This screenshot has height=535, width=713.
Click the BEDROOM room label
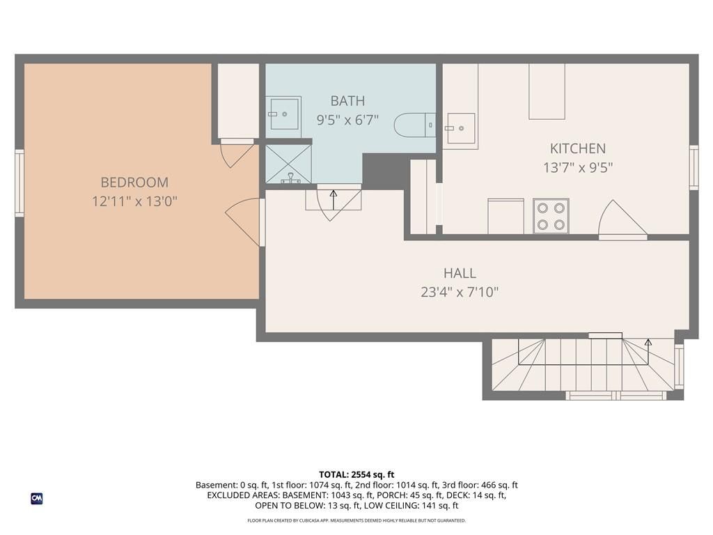(x=134, y=183)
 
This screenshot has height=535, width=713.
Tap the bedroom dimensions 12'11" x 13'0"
(x=134, y=201)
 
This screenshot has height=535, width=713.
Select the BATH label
(x=347, y=100)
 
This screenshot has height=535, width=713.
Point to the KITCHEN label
(x=577, y=148)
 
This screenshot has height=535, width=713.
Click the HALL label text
(x=460, y=273)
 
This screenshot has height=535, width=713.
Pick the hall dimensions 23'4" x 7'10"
(x=460, y=292)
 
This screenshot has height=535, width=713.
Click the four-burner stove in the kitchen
(x=551, y=216)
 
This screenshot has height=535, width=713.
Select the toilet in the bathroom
(x=415, y=125)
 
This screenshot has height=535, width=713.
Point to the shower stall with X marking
(x=288, y=164)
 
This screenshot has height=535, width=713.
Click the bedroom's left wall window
(x=19, y=183)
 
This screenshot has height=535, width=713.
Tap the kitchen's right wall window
(x=694, y=167)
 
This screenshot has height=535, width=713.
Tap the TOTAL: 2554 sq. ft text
(x=356, y=474)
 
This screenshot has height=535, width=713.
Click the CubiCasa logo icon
(x=37, y=499)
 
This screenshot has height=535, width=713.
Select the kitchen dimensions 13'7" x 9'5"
(x=578, y=167)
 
